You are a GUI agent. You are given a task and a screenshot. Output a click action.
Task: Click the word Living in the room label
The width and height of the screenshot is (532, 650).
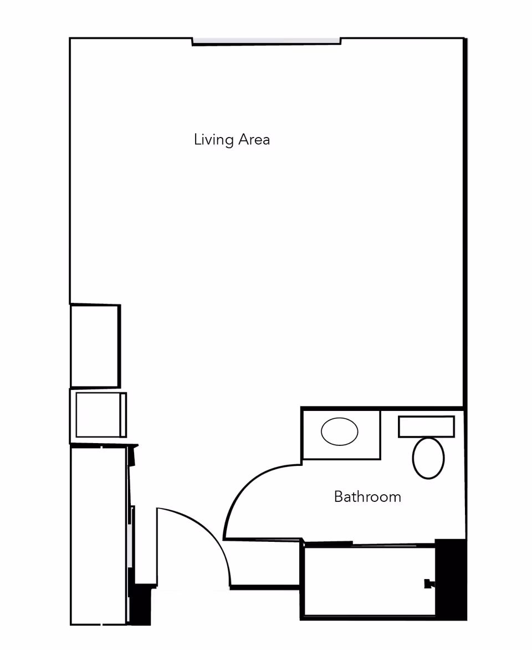(x=213, y=140)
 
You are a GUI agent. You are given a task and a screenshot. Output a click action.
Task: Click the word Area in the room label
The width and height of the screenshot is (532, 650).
(x=254, y=139)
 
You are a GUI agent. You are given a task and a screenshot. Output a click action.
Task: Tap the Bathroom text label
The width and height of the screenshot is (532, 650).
(x=367, y=497)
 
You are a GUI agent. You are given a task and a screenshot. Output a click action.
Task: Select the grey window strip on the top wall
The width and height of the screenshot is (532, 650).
(x=266, y=41)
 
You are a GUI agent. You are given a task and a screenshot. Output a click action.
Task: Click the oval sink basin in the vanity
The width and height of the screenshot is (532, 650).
(x=339, y=431)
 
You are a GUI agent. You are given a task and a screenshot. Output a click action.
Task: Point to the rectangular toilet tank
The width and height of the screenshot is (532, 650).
(x=426, y=426)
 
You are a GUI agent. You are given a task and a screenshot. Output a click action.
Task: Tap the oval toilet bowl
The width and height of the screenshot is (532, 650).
(x=428, y=458)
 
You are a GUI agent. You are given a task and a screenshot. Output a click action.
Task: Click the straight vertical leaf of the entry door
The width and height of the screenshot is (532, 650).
(x=157, y=546)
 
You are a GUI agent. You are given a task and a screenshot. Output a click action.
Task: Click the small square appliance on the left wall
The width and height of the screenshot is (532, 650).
(x=98, y=415)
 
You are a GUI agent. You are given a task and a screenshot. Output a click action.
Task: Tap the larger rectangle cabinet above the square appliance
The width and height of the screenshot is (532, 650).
(x=95, y=346)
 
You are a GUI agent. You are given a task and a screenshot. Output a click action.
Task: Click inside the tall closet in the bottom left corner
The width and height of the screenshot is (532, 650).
(x=98, y=535)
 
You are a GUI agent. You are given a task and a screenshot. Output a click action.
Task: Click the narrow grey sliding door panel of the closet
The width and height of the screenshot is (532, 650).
(x=129, y=544)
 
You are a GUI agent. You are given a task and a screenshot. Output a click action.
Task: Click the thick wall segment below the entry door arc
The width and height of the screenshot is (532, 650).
(x=265, y=587)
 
